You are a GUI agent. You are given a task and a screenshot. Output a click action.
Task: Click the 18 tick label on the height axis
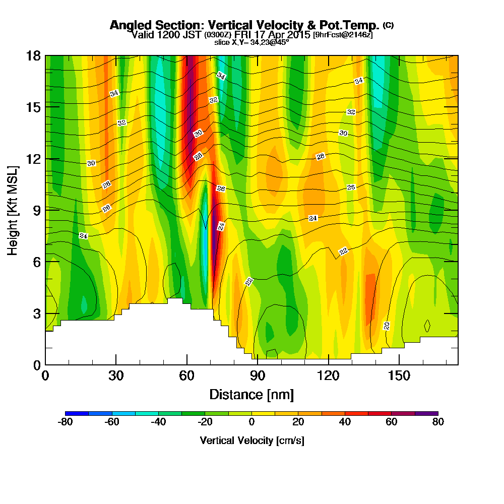[x=33, y=55]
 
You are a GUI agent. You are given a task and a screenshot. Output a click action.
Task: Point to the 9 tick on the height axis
[x=45, y=210]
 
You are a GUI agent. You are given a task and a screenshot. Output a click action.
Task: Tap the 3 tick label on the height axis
[x=36, y=313]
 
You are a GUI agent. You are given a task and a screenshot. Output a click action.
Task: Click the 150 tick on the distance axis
[x=399, y=364]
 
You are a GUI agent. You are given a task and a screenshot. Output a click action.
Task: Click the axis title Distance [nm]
[x=251, y=394]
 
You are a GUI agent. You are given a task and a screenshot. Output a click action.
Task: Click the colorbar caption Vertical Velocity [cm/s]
[x=252, y=440]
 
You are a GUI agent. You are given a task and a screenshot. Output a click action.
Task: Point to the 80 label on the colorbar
[x=438, y=422]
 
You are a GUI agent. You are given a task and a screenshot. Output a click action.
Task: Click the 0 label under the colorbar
[x=251, y=422]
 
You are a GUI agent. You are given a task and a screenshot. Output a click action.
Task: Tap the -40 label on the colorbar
[x=158, y=422]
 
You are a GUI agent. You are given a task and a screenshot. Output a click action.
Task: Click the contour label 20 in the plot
[x=387, y=326]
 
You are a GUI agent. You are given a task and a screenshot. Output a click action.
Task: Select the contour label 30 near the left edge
[x=91, y=163]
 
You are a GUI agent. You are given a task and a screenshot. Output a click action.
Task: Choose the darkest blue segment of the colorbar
[x=77, y=413]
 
